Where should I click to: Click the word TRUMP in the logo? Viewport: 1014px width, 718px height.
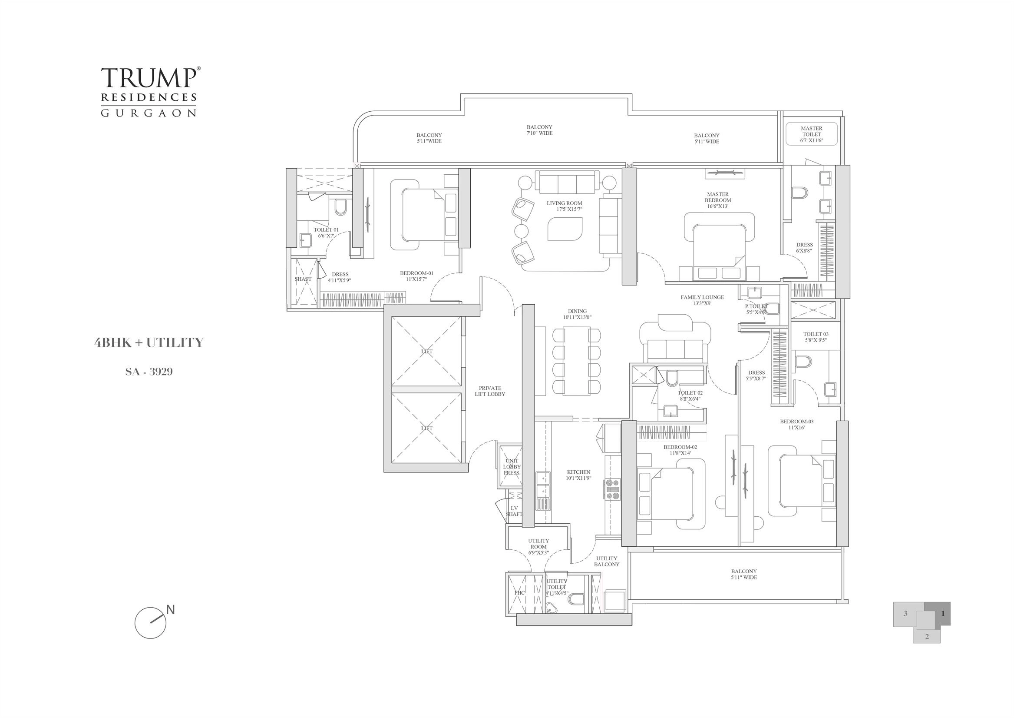click(x=149, y=78)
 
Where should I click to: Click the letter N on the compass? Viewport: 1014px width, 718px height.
click(x=171, y=610)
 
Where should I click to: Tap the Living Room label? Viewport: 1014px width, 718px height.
click(x=564, y=206)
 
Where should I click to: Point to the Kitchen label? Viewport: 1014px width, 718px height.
click(x=578, y=475)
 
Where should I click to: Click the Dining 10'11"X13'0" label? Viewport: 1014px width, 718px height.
click(x=577, y=314)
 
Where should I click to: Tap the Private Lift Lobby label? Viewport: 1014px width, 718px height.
click(x=490, y=391)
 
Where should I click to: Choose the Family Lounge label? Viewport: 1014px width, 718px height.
click(x=702, y=300)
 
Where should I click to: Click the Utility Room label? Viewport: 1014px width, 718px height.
click(x=538, y=546)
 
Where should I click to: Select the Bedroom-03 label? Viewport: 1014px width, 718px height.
click(x=796, y=425)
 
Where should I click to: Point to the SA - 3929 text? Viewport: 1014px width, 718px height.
click(x=149, y=372)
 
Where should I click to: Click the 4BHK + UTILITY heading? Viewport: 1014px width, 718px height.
click(x=149, y=342)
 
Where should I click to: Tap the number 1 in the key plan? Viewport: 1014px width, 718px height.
click(x=942, y=614)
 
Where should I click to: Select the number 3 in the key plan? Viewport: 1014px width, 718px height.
click(x=905, y=614)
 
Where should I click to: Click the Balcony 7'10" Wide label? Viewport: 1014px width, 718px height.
click(x=539, y=130)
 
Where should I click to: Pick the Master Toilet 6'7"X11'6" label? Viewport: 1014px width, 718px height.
click(x=811, y=134)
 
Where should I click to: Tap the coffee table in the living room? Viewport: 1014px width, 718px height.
click(x=565, y=229)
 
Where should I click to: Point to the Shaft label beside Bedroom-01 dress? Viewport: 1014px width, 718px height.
click(x=303, y=279)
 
